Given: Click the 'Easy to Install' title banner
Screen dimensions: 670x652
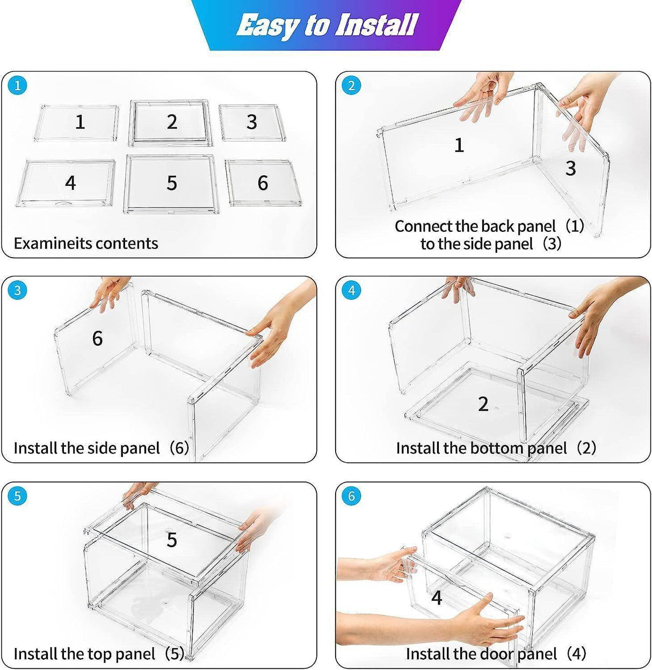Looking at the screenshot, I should tap(326, 25).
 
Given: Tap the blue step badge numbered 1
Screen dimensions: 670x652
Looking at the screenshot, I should tap(18, 85).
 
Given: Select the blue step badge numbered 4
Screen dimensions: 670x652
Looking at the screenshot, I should tap(352, 290).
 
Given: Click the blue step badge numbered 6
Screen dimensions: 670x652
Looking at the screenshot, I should tap(352, 496).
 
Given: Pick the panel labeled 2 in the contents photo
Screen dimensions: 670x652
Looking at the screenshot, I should tap(171, 122).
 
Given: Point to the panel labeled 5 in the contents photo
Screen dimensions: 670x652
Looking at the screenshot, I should tap(171, 183).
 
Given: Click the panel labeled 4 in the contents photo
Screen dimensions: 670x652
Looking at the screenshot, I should tap(68, 183).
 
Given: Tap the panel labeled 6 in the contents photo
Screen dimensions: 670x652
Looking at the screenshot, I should tap(263, 183).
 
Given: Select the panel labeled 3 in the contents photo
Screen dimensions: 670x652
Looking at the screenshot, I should tap(251, 122).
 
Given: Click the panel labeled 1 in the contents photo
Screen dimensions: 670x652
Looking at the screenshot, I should tap(78, 122).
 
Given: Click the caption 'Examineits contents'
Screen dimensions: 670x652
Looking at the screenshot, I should tap(86, 243).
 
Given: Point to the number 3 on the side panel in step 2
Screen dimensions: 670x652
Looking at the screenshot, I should tap(571, 169).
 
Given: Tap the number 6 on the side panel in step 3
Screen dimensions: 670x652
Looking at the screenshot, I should tap(97, 338).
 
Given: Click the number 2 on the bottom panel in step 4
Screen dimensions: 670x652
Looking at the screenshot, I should tap(483, 404).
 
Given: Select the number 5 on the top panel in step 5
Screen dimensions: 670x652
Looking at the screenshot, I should tap(171, 540).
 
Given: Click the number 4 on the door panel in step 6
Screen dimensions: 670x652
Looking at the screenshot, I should tap(437, 598).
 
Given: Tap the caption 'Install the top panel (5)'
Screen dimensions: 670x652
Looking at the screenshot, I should tap(99, 654).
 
